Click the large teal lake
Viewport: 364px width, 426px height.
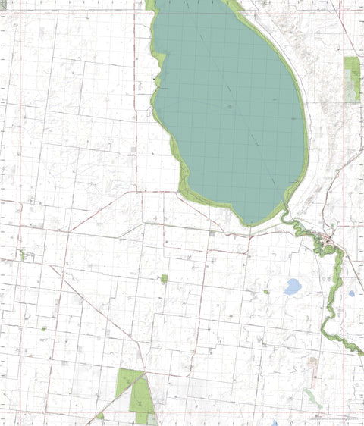pos(227,106)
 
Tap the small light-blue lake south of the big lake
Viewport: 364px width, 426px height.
pos(292,287)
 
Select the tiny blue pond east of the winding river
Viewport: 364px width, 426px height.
pos(351,293)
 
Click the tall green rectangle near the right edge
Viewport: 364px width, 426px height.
pos(351,79)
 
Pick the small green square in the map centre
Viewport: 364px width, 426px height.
pos(164,278)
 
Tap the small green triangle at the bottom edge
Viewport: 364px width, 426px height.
pos(100,416)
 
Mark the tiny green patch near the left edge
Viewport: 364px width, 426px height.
pos(23,255)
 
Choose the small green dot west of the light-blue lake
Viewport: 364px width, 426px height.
pos(266,291)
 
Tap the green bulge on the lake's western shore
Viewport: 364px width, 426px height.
pos(157,80)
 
